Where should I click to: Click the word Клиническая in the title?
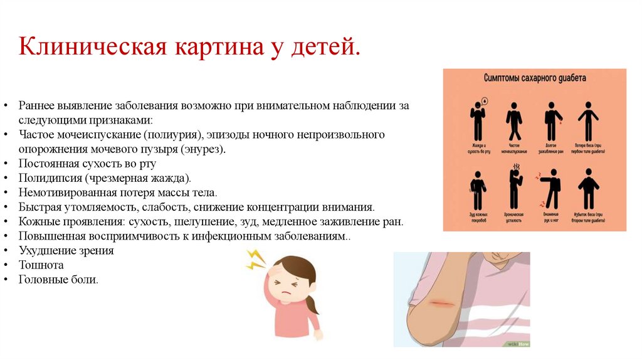coord(91,47)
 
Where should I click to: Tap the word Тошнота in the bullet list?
coord(41,265)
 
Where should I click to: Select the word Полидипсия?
coord(50,178)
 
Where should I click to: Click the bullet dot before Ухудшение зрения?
coord(6,251)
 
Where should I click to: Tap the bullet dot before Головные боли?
coord(6,280)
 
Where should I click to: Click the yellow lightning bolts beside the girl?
coord(256,258)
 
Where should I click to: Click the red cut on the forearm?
coord(442,303)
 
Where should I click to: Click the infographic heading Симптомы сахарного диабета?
coord(535,78)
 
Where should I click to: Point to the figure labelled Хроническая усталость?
coord(515,187)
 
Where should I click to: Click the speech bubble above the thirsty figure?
coord(485,100)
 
